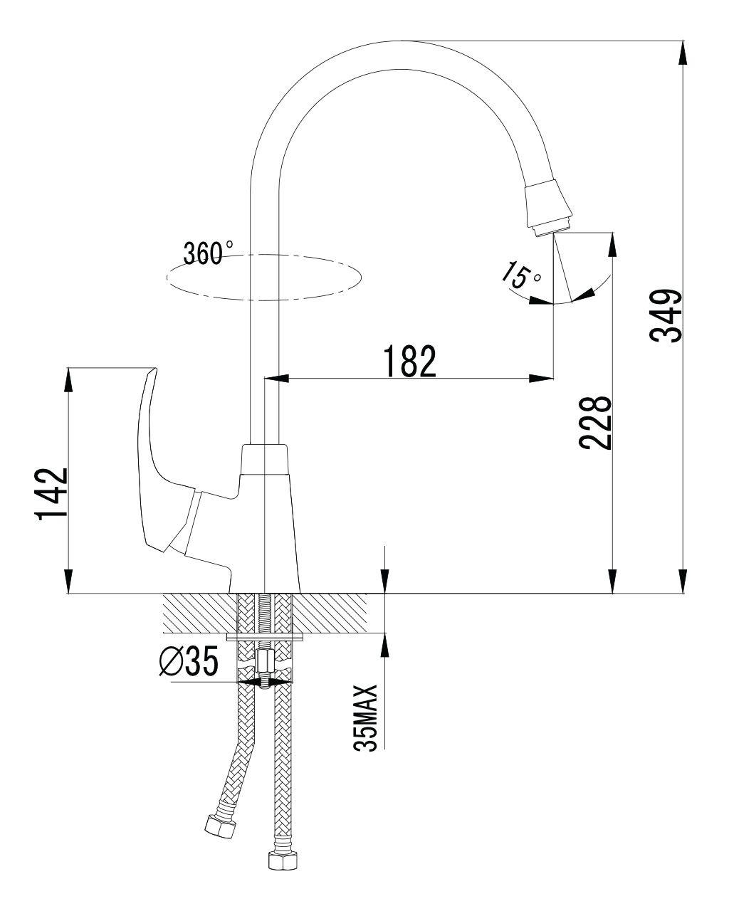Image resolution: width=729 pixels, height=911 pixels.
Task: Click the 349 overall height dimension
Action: (666, 316)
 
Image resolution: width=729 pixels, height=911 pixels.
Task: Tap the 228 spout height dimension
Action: (596, 423)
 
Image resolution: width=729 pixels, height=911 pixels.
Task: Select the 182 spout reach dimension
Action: (409, 361)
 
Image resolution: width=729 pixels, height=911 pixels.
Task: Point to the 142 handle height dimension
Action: (52, 494)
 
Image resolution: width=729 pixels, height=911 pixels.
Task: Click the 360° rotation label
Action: (208, 253)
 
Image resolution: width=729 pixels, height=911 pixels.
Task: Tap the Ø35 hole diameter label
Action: (189, 660)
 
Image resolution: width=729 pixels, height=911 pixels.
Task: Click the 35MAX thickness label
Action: (365, 718)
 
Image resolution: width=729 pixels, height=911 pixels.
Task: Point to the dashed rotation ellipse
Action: (264, 278)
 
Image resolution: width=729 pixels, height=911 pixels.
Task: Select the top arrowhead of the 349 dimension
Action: (683, 53)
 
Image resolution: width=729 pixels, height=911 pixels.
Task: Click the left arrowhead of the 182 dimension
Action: (276, 378)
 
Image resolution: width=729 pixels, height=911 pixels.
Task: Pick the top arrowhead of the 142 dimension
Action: (68, 380)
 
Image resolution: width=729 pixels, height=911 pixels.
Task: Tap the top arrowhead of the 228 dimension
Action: (612, 244)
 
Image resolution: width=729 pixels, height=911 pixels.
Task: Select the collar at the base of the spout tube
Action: (265, 459)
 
